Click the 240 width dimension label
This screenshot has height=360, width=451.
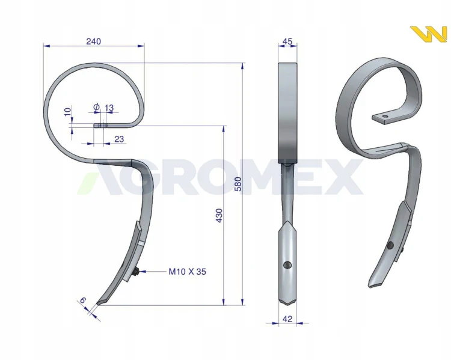click(93, 41)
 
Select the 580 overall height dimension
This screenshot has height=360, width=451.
click(238, 184)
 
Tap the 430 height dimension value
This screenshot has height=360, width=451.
click(219, 215)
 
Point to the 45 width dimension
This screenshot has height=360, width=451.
click(287, 41)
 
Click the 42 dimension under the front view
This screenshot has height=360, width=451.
click(287, 319)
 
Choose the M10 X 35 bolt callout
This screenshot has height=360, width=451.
click(187, 272)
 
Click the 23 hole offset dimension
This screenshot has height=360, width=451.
click(119, 139)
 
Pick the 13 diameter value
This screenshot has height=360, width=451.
click(109, 108)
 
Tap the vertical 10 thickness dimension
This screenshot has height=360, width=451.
click(67, 111)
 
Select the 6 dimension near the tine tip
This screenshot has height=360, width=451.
click(82, 300)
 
